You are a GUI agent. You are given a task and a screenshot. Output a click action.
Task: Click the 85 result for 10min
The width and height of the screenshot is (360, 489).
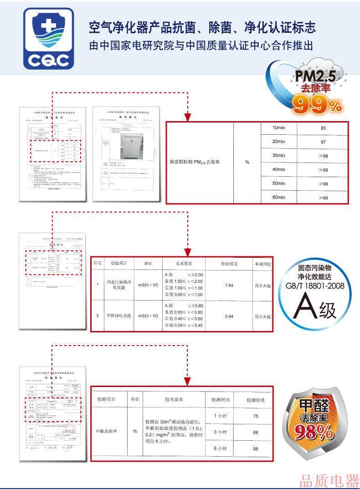click(323, 128)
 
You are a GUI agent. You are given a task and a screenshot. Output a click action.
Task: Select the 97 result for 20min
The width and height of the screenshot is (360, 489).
click(323, 142)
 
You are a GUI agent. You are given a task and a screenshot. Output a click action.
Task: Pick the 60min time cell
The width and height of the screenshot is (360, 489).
click(278, 197)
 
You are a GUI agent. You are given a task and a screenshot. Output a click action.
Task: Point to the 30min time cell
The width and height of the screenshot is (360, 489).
click(278, 156)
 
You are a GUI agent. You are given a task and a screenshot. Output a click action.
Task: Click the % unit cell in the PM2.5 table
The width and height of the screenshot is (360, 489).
click(247, 163)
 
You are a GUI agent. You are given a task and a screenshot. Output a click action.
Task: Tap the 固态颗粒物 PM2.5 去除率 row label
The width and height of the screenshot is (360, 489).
click(195, 163)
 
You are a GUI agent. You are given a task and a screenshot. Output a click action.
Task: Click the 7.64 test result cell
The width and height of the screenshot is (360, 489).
click(229, 285)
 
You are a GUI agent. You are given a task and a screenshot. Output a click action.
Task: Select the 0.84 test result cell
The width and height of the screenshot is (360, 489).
click(229, 316)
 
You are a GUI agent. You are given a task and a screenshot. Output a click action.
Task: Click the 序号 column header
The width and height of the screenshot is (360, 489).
click(98, 264)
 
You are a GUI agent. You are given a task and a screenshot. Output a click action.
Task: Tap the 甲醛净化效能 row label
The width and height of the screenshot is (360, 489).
click(119, 316)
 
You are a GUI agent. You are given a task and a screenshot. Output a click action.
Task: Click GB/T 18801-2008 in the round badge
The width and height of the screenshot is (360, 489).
click(315, 285)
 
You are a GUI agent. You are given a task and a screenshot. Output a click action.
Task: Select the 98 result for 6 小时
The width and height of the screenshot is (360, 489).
click(255, 449)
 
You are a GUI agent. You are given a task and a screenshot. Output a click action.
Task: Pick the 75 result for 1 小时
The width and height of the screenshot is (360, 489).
click(255, 416)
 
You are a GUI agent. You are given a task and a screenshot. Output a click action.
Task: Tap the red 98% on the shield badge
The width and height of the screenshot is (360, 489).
click(314, 432)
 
